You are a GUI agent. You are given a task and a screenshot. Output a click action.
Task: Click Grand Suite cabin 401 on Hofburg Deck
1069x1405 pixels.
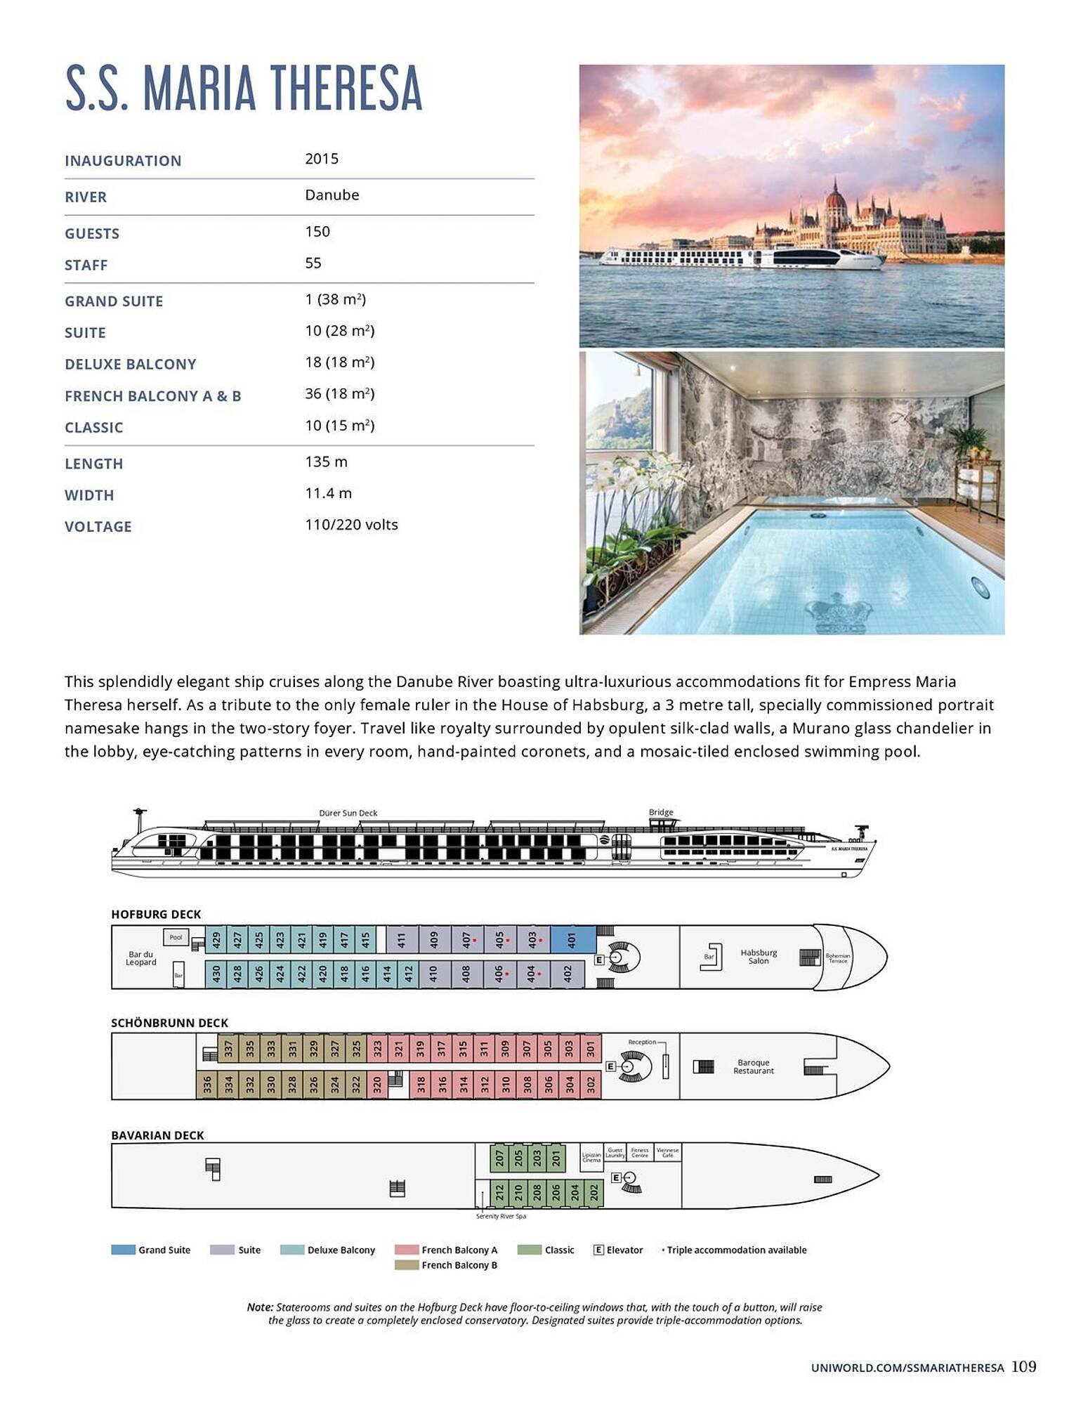[572, 939]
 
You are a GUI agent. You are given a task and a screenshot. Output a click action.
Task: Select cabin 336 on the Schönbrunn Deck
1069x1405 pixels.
[206, 1085]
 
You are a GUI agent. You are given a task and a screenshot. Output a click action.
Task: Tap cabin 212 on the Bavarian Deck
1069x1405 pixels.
[499, 1192]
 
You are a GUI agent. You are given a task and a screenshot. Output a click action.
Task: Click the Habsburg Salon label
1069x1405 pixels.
[759, 957]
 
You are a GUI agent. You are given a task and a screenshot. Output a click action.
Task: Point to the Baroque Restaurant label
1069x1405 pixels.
[754, 1066]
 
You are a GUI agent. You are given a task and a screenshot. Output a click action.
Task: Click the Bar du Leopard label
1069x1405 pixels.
[140, 958]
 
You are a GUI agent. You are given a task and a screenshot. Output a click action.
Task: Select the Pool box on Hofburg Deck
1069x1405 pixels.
[176, 937]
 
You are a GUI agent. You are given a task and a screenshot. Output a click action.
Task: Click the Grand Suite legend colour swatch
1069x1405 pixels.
[123, 1250]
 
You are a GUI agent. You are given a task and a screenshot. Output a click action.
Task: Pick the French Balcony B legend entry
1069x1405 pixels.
[459, 1265]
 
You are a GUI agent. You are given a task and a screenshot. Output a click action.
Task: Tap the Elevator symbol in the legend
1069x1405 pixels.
[598, 1250]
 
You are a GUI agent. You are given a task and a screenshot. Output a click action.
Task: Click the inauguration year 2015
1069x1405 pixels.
[322, 159]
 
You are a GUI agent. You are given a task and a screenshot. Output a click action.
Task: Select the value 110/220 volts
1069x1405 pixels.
[351, 525]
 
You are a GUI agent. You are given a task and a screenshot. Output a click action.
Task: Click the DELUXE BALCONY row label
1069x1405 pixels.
[131, 364]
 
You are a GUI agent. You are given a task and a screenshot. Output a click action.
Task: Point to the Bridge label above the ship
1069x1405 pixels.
[661, 812]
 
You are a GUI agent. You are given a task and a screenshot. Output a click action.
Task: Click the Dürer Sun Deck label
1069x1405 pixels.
[348, 813]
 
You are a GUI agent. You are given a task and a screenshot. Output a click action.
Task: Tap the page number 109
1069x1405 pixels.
[1024, 1366]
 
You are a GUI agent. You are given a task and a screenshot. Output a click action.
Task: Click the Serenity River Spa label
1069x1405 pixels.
[501, 1216]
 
